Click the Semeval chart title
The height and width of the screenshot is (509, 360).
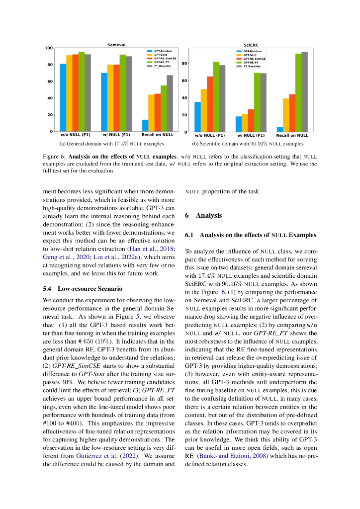pos(116,45)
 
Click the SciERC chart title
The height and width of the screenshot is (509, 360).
pos(250,45)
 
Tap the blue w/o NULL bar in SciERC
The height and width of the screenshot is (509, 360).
pos(197,117)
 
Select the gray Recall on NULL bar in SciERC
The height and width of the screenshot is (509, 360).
pos(304,92)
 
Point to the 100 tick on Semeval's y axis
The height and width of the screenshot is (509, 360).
pos(49,48)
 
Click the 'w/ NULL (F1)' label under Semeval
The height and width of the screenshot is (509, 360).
pos(116,135)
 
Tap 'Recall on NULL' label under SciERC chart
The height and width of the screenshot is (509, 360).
pos(292,135)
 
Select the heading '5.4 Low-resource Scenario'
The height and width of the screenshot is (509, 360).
pos(82,289)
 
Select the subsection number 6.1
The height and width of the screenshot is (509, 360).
pos(189,235)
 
